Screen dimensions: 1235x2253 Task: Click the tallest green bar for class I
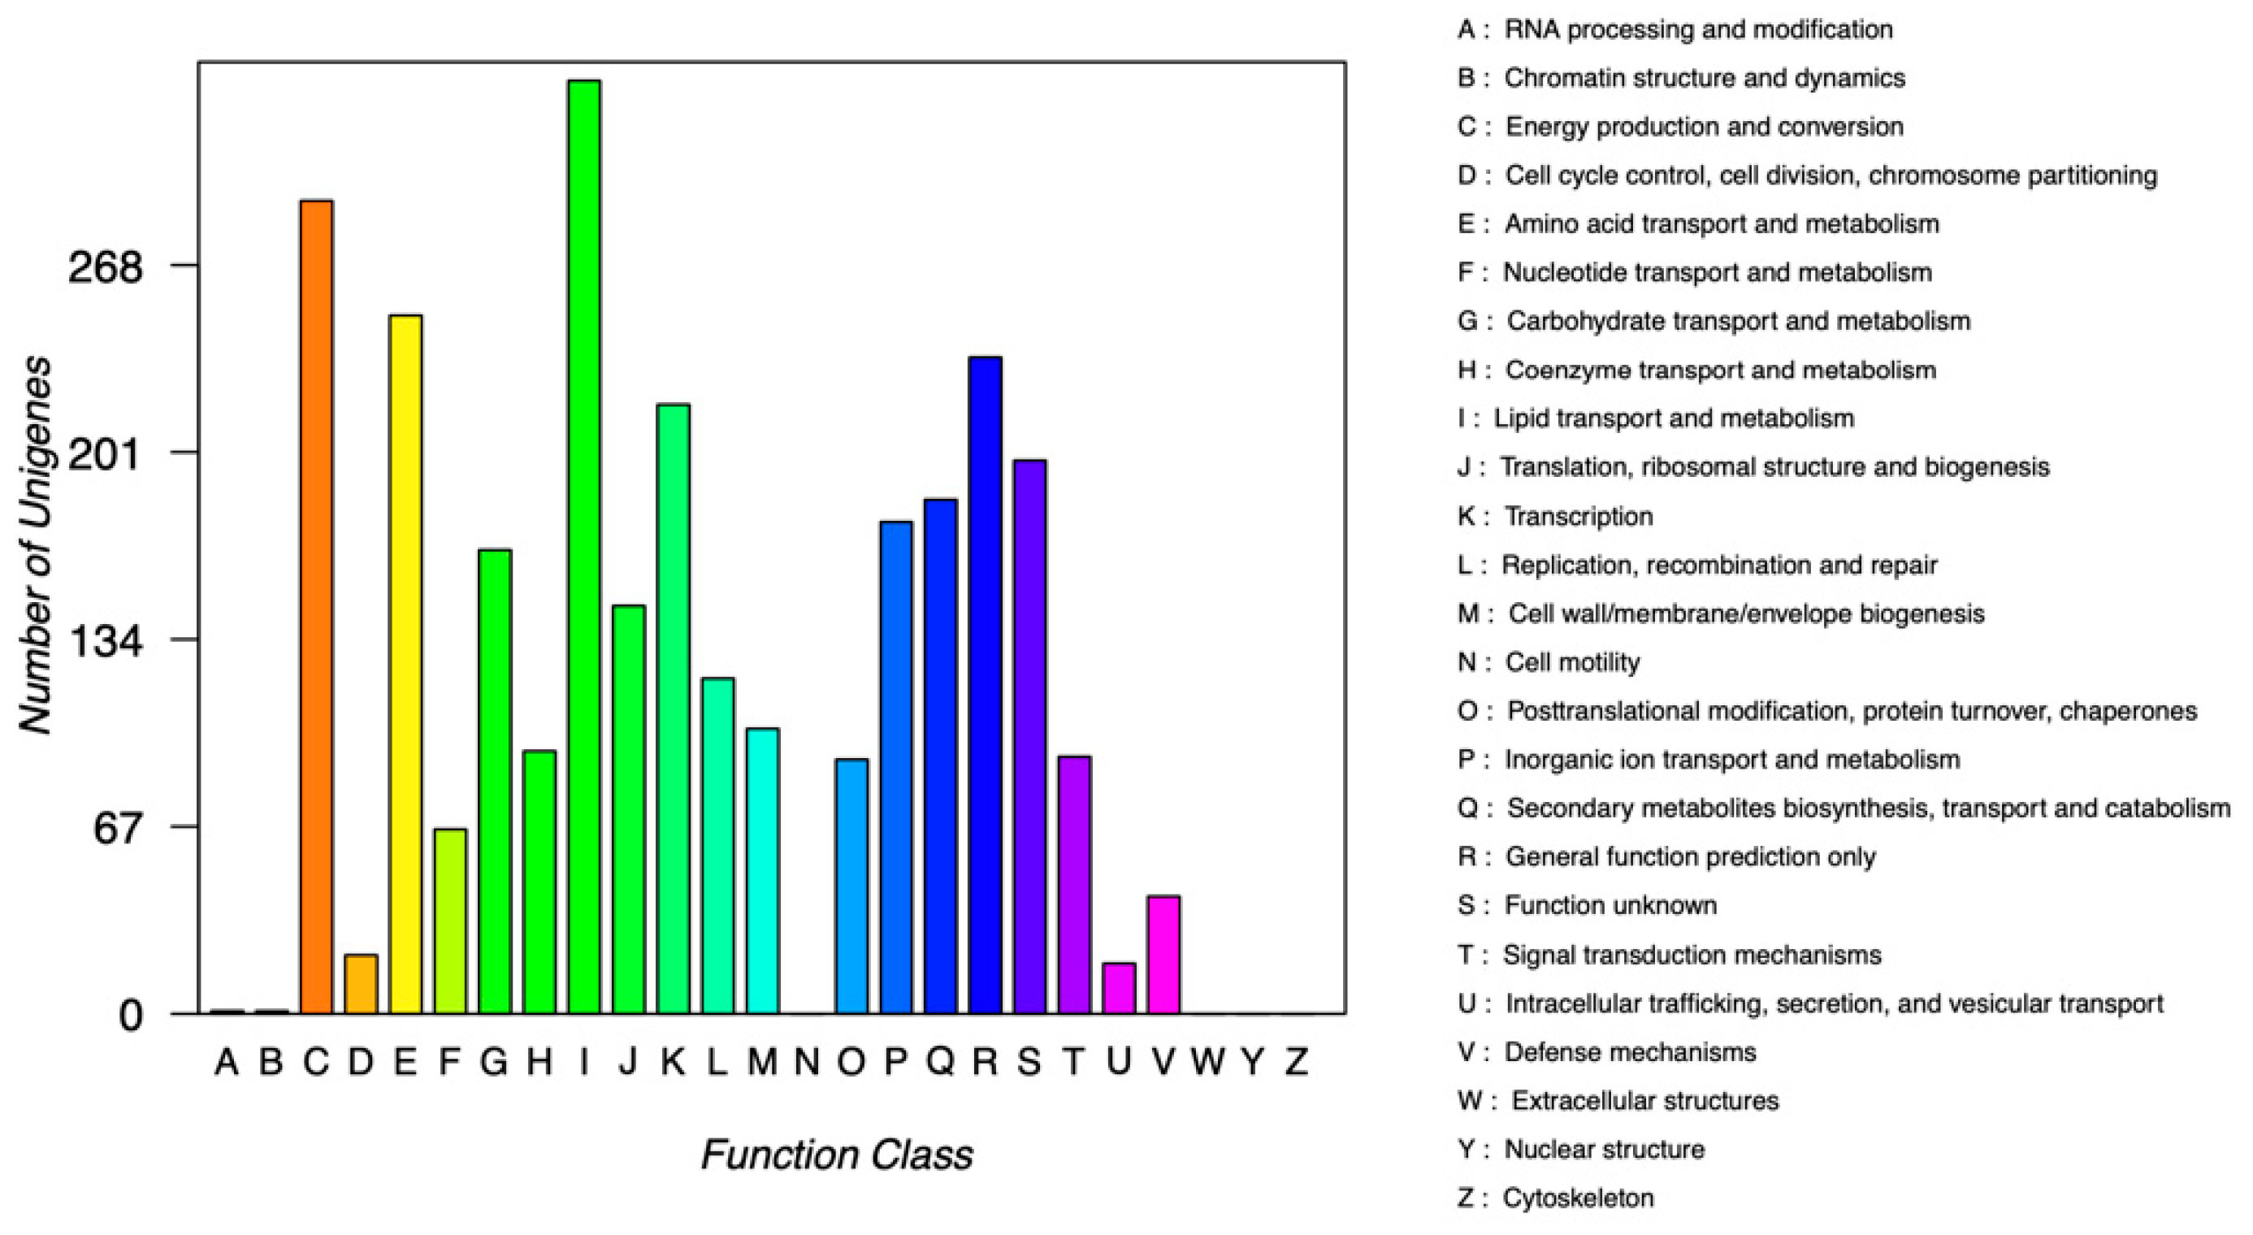[584, 547]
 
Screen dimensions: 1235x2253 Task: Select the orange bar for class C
[316, 607]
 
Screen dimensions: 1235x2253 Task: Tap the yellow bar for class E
[405, 665]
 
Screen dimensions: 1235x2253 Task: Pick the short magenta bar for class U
[1119, 988]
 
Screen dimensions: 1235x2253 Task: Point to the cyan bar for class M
[763, 871]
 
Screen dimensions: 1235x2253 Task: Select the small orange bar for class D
[361, 984]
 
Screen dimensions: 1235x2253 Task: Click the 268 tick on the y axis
[105, 266]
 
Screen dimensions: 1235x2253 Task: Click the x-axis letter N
[807, 1062]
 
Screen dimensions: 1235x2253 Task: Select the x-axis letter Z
[1296, 1062]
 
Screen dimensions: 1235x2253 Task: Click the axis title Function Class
[836, 1155]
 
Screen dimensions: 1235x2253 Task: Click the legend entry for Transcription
[1578, 516]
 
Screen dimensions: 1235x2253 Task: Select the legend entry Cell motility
[1571, 662]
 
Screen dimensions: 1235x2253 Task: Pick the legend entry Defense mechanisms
[1628, 1051]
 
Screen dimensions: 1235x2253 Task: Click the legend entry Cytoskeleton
[1577, 1198]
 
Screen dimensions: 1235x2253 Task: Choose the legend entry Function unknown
[1610, 905]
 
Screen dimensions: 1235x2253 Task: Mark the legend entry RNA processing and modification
[1696, 30]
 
